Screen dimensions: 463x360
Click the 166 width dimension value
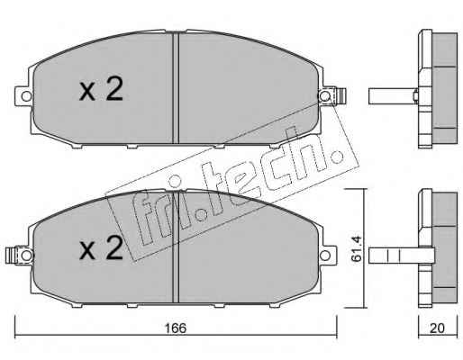[176, 328]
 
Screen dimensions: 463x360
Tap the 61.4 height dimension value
[357, 248]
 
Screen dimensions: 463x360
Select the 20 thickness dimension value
[437, 328]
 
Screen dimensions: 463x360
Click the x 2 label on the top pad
[101, 88]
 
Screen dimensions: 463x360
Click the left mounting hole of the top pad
[26, 96]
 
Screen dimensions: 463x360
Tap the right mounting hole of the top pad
[324, 96]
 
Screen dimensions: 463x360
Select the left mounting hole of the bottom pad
[26, 256]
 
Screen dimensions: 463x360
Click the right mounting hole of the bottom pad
[324, 256]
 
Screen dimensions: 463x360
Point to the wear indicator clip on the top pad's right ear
[340, 96]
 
